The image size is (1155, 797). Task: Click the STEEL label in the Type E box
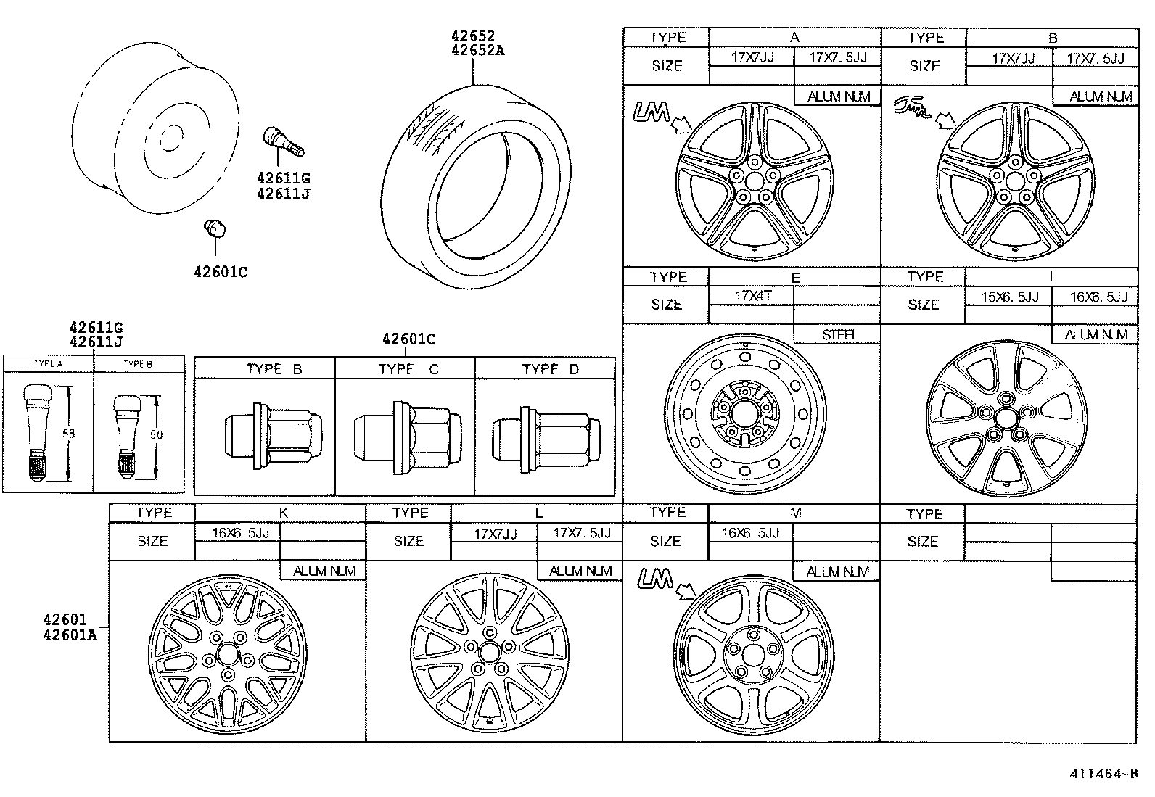pyautogui.click(x=839, y=334)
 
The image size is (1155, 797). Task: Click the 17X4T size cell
pyautogui.click(x=752, y=296)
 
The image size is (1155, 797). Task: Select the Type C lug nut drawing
pyautogui.click(x=406, y=437)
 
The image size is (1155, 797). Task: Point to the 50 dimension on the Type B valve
pyautogui.click(x=156, y=435)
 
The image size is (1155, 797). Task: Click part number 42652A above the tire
pyautogui.click(x=477, y=50)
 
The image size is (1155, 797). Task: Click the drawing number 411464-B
pyautogui.click(x=1103, y=773)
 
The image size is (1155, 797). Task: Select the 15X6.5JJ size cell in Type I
pyautogui.click(x=1009, y=297)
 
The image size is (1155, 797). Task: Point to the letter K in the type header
pyautogui.click(x=284, y=513)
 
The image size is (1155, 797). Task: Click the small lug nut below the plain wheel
pyautogui.click(x=215, y=228)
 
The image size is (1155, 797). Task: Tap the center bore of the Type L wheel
pyautogui.click(x=490, y=651)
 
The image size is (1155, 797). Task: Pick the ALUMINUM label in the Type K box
pyautogui.click(x=324, y=571)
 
